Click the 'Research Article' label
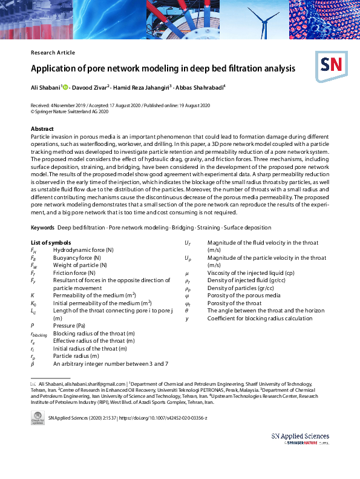53,53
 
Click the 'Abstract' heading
42,129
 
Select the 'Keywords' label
42,228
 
